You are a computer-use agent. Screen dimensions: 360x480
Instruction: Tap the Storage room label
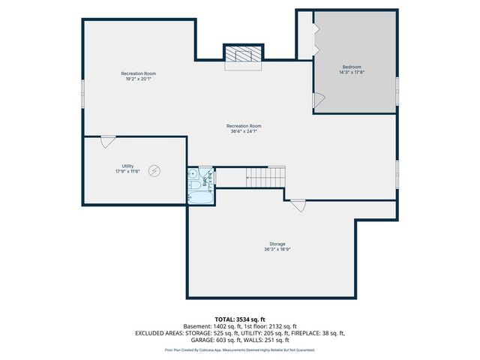[277, 244]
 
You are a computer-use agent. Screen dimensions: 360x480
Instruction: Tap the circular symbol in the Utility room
[154, 170]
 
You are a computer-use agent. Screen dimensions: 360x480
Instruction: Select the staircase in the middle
[265, 178]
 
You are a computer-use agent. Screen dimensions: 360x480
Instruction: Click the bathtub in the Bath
[199, 199]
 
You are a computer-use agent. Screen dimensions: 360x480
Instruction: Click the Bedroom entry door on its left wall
[318, 99]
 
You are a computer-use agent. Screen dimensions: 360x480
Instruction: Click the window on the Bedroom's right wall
[397, 86]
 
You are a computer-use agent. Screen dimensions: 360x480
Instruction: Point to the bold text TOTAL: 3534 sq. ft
[240, 319]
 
